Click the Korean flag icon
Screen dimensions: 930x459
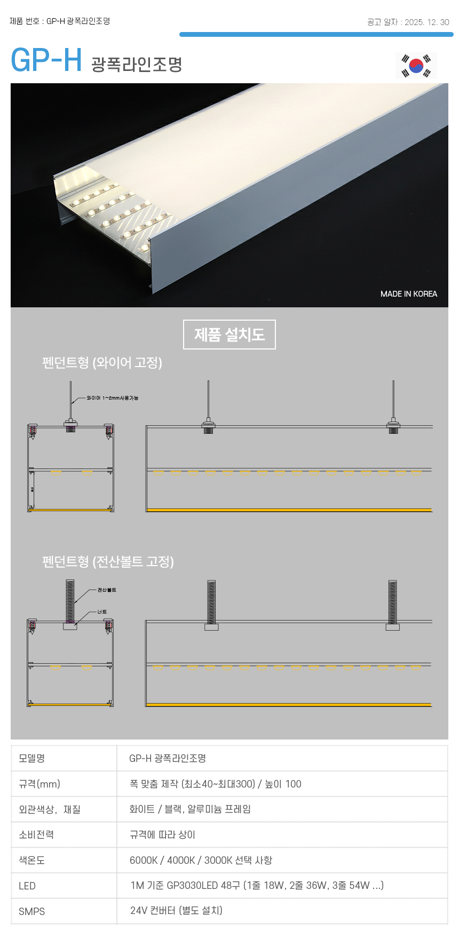[x=416, y=66]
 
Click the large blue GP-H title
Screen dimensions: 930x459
[x=46, y=60]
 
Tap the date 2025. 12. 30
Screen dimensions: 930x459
[x=426, y=22]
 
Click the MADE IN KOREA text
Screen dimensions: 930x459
[x=408, y=294]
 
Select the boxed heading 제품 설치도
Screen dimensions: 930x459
[x=230, y=335]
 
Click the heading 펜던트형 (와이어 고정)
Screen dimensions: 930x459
[x=102, y=363]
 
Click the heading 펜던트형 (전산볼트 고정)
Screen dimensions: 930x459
[x=108, y=562]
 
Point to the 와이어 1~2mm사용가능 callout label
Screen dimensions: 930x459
[x=112, y=398]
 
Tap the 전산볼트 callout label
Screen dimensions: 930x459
[x=107, y=590]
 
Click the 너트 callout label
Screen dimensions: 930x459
[x=102, y=612]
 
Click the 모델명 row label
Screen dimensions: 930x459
[x=32, y=758]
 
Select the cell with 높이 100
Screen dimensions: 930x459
[x=216, y=784]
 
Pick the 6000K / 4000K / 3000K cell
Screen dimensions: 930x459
[x=201, y=860]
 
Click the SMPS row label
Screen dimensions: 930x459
[x=31, y=911]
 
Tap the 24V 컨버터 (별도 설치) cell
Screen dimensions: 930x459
[x=176, y=910]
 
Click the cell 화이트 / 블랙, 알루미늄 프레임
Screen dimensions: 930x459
[x=190, y=809]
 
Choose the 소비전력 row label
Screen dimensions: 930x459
[x=36, y=834]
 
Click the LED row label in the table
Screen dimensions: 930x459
[x=27, y=886]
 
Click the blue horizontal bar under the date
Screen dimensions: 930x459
[x=316, y=35]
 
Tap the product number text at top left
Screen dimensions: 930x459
[x=60, y=21]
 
